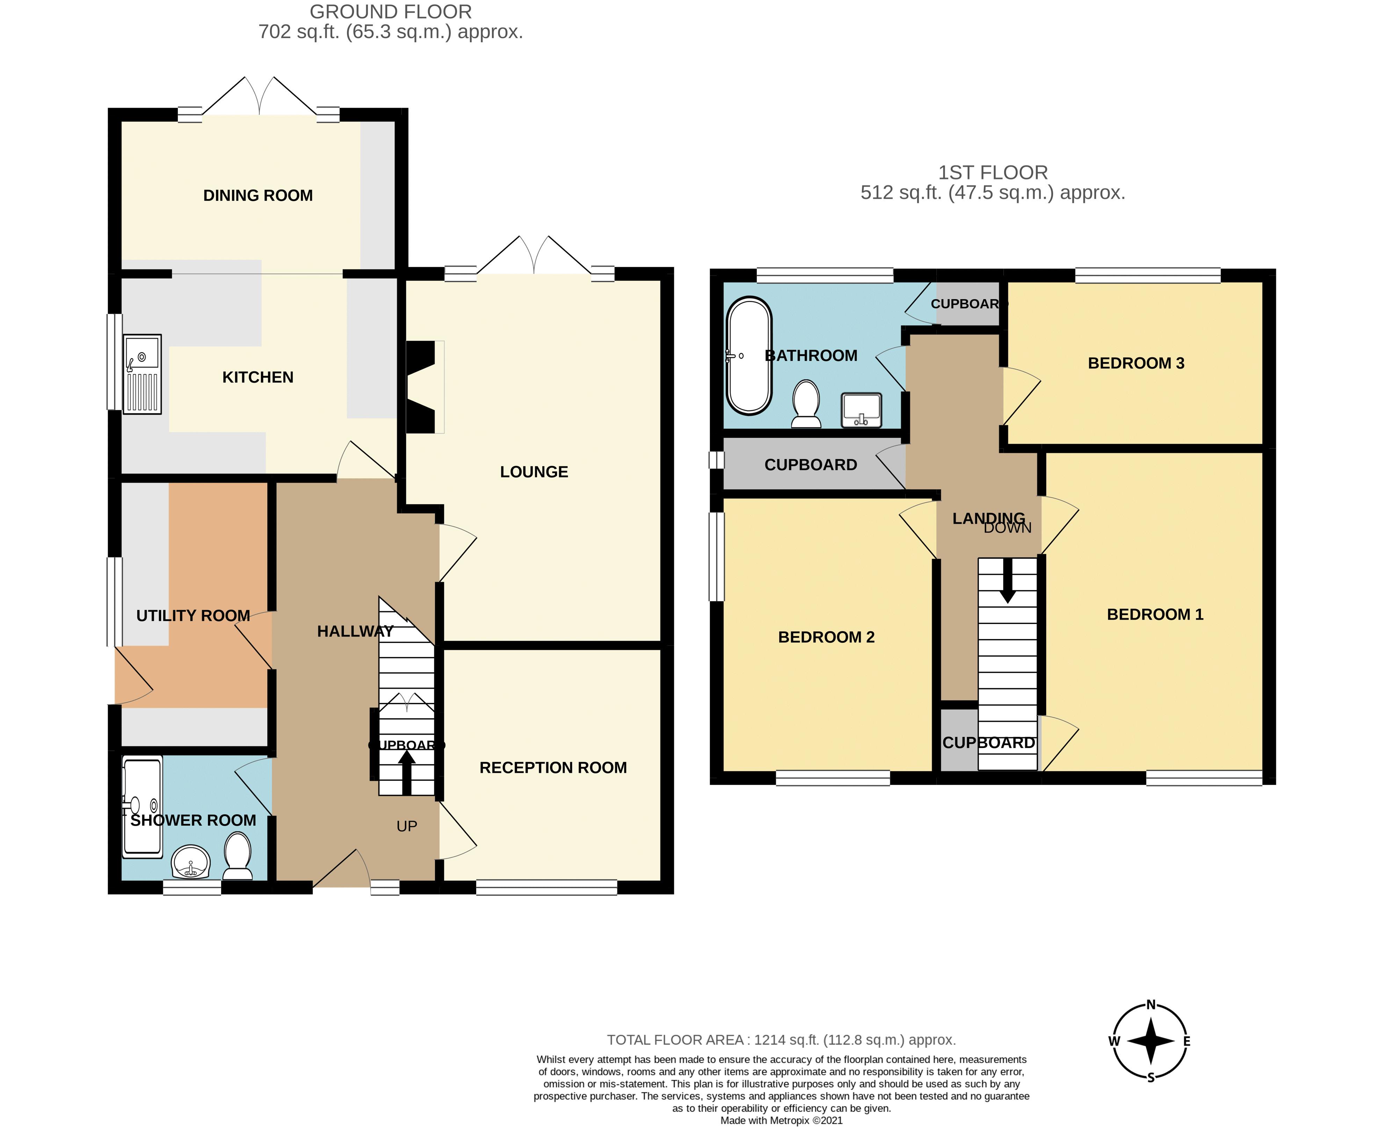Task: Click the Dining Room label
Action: pos(258,195)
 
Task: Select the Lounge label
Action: pos(534,472)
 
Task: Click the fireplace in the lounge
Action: pos(421,387)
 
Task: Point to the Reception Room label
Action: pos(553,768)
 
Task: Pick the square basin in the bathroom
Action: pos(861,410)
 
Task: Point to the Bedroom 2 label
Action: pos(826,637)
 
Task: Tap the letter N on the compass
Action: pos(1151,1005)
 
